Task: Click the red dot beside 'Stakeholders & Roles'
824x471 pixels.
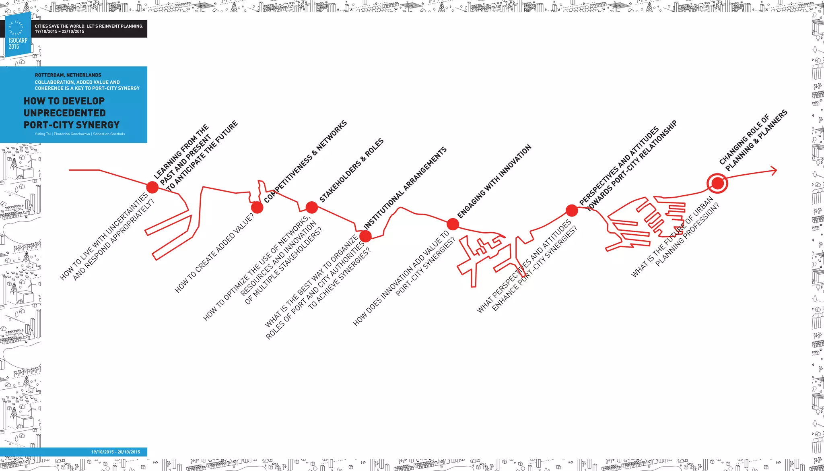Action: tap(311, 207)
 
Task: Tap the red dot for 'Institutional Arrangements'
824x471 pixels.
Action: tap(365, 236)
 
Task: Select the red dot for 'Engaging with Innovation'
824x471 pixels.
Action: tap(453, 224)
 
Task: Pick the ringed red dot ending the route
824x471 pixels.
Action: tap(717, 184)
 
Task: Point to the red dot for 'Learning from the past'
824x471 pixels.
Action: tap(152, 187)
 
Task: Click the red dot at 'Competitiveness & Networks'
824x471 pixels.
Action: tap(257, 208)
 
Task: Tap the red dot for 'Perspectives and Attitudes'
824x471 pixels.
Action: tap(571, 210)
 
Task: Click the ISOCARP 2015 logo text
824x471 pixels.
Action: tap(18, 43)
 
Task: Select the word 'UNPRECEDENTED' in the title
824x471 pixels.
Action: tap(65, 113)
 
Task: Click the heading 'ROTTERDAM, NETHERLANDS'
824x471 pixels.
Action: tap(68, 75)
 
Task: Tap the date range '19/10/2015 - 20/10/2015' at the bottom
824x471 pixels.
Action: tap(115, 452)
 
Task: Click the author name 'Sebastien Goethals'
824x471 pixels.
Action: tap(109, 134)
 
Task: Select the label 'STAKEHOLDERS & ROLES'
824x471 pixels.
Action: tap(351, 170)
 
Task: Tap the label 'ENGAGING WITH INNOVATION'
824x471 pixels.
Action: tap(494, 181)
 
